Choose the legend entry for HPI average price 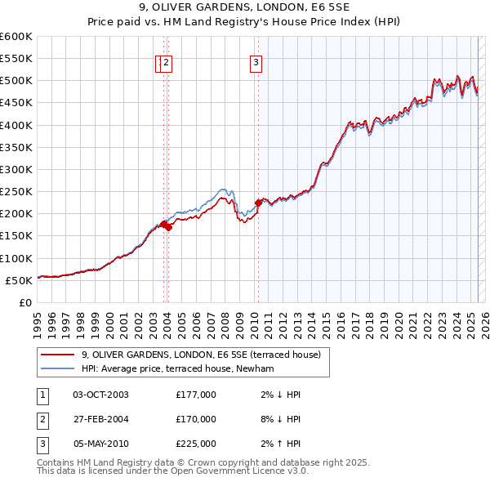(x=176, y=368)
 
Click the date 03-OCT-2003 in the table (x=100, y=395)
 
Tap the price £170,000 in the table (x=196, y=419)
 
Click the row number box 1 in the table (x=42, y=395)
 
